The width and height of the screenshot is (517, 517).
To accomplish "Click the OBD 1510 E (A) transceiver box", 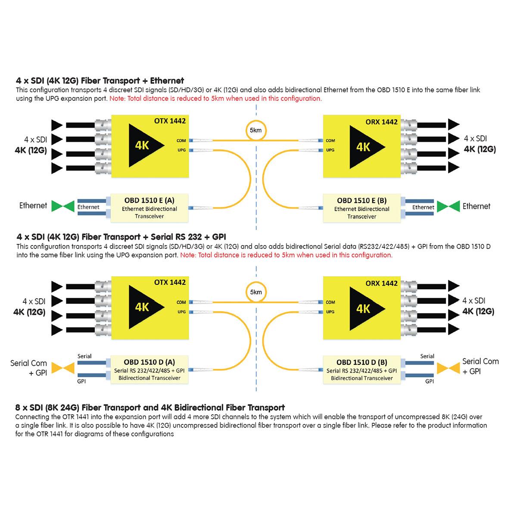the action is (x=149, y=208).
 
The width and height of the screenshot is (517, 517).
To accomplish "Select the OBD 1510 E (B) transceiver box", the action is (x=361, y=208).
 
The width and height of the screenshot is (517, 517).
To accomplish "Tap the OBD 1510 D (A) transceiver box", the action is (x=149, y=370).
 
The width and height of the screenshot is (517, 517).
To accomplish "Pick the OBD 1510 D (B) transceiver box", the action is (x=361, y=370).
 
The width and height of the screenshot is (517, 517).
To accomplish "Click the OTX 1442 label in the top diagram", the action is (x=170, y=121).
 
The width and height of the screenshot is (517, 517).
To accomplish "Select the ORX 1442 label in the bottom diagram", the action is (x=381, y=283).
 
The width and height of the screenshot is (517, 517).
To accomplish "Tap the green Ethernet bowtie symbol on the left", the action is (x=63, y=206).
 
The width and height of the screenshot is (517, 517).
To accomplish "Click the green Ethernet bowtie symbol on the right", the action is (x=448, y=206).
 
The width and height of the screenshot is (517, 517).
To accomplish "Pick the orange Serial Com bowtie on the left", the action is (x=63, y=368).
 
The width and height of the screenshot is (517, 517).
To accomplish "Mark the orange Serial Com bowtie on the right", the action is (x=448, y=368).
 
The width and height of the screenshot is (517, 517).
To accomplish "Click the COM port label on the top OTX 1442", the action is (x=181, y=140).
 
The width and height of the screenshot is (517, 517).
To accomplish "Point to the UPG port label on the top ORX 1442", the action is (x=330, y=150).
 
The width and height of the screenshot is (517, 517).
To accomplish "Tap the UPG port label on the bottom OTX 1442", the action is (x=181, y=312).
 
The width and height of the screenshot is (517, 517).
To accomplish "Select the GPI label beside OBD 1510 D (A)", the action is (x=81, y=381).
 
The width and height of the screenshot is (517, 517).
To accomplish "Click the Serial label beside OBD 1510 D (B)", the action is (x=427, y=356).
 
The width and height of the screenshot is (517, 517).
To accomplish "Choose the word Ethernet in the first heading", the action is (x=167, y=81).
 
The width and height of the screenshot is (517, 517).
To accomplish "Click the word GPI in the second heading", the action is (x=219, y=237).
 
